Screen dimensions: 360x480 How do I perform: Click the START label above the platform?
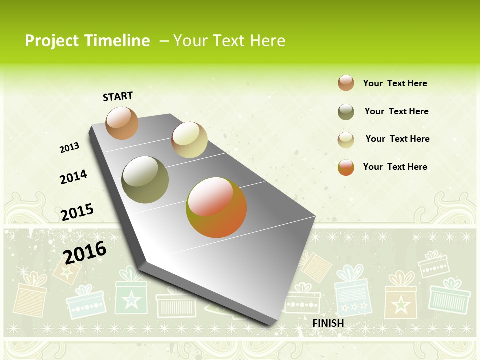(x=118, y=96)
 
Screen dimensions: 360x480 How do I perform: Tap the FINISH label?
(x=328, y=323)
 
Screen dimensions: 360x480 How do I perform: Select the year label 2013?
(x=69, y=148)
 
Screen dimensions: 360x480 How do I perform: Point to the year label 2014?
(x=73, y=177)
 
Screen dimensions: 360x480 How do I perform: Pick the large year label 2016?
(x=85, y=252)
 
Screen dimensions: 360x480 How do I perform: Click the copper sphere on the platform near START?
(x=122, y=123)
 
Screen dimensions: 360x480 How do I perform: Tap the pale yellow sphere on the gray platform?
(x=189, y=140)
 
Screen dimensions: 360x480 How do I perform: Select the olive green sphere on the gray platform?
(x=145, y=179)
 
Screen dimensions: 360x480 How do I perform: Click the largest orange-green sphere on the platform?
(x=216, y=207)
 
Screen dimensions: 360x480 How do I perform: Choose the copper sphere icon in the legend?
(x=346, y=83)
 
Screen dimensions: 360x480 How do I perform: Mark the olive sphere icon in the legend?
(x=346, y=112)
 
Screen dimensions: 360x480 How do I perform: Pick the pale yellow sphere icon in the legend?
(x=346, y=139)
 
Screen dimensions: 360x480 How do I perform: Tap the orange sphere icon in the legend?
(x=346, y=167)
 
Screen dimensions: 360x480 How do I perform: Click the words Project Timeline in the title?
(x=87, y=41)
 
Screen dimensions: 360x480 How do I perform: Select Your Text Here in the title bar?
(x=229, y=41)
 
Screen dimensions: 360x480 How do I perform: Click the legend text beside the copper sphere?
(x=395, y=83)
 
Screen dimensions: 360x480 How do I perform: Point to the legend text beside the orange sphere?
(x=395, y=167)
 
